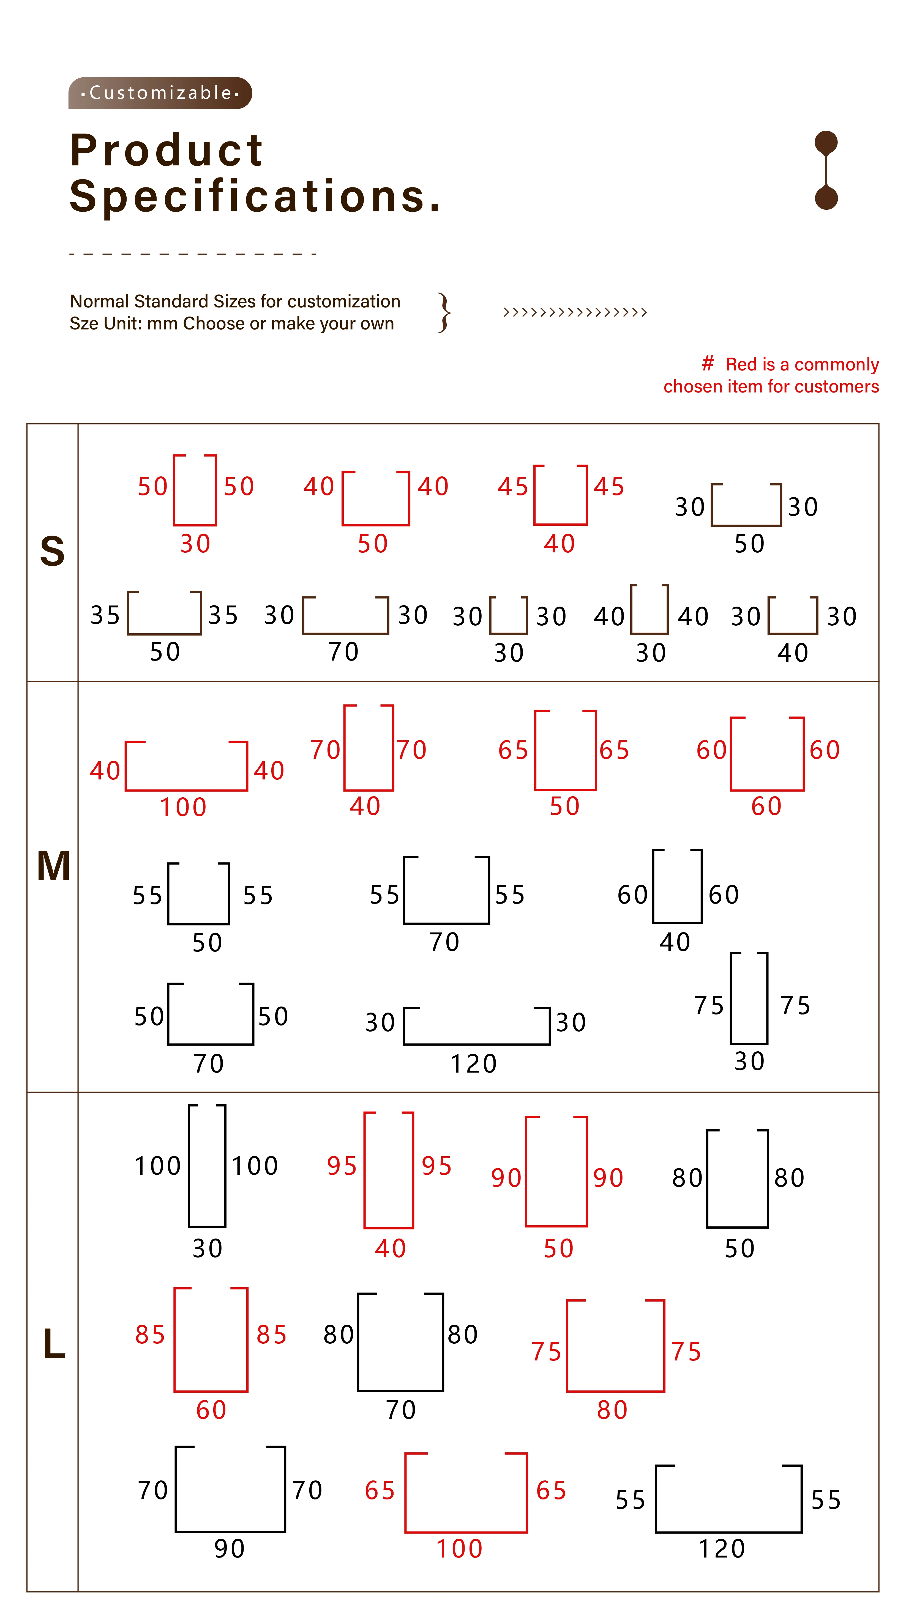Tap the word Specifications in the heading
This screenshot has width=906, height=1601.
pyautogui.click(x=255, y=196)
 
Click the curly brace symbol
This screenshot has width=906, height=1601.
pyautogui.click(x=444, y=312)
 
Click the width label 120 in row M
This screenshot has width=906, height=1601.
pyautogui.click(x=474, y=1064)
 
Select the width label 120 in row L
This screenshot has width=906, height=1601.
pyautogui.click(x=722, y=1549)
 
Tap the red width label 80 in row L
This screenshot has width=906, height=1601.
pyautogui.click(x=612, y=1410)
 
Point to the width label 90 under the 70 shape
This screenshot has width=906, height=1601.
pyautogui.click(x=230, y=1549)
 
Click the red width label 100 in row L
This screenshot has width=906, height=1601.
pyautogui.click(x=459, y=1549)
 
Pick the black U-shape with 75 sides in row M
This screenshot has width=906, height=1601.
pyautogui.click(x=749, y=999)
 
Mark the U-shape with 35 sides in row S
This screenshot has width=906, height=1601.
pyautogui.click(x=164, y=613)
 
